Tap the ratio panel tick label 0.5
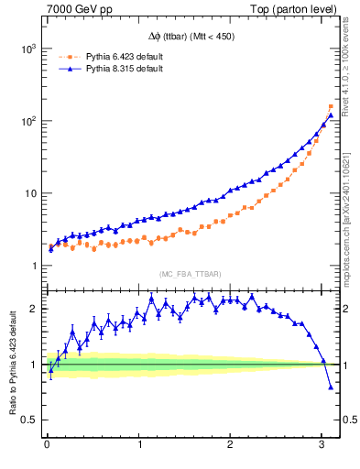[28, 420]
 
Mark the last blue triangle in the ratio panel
[331, 387]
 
